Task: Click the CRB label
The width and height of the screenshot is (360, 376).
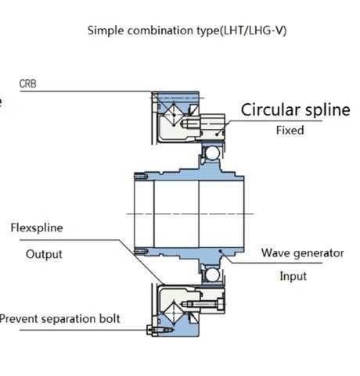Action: [x=27, y=84]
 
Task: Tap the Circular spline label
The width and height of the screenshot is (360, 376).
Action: [x=295, y=109]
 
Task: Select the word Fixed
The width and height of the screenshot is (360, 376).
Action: [x=290, y=130]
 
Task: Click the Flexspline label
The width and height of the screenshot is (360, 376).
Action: [x=37, y=228]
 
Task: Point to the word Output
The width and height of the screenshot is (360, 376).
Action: [x=44, y=254]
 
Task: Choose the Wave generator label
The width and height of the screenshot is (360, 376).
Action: [x=303, y=253]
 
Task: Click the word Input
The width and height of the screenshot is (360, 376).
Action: [x=293, y=276]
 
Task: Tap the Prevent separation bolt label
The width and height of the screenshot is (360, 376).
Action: [x=59, y=319]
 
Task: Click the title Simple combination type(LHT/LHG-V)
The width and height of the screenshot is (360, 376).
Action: [x=187, y=30]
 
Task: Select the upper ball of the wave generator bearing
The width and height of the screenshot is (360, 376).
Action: [x=211, y=152]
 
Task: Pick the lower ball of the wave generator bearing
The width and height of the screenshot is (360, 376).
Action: [x=212, y=275]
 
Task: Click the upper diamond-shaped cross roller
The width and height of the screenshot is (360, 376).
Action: [x=175, y=114]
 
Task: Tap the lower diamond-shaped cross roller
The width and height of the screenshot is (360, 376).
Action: [x=174, y=313]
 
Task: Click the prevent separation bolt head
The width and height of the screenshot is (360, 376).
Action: [x=149, y=330]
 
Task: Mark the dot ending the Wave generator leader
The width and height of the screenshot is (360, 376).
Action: [x=220, y=251]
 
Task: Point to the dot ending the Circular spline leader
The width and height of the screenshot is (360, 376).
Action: [x=217, y=134]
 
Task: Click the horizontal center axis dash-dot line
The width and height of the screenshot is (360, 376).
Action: [x=190, y=214]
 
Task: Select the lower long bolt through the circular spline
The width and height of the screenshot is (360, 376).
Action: [x=203, y=304]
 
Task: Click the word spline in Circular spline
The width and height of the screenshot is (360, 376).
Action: [x=328, y=110]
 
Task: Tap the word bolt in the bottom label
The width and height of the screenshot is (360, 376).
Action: [x=110, y=318]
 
